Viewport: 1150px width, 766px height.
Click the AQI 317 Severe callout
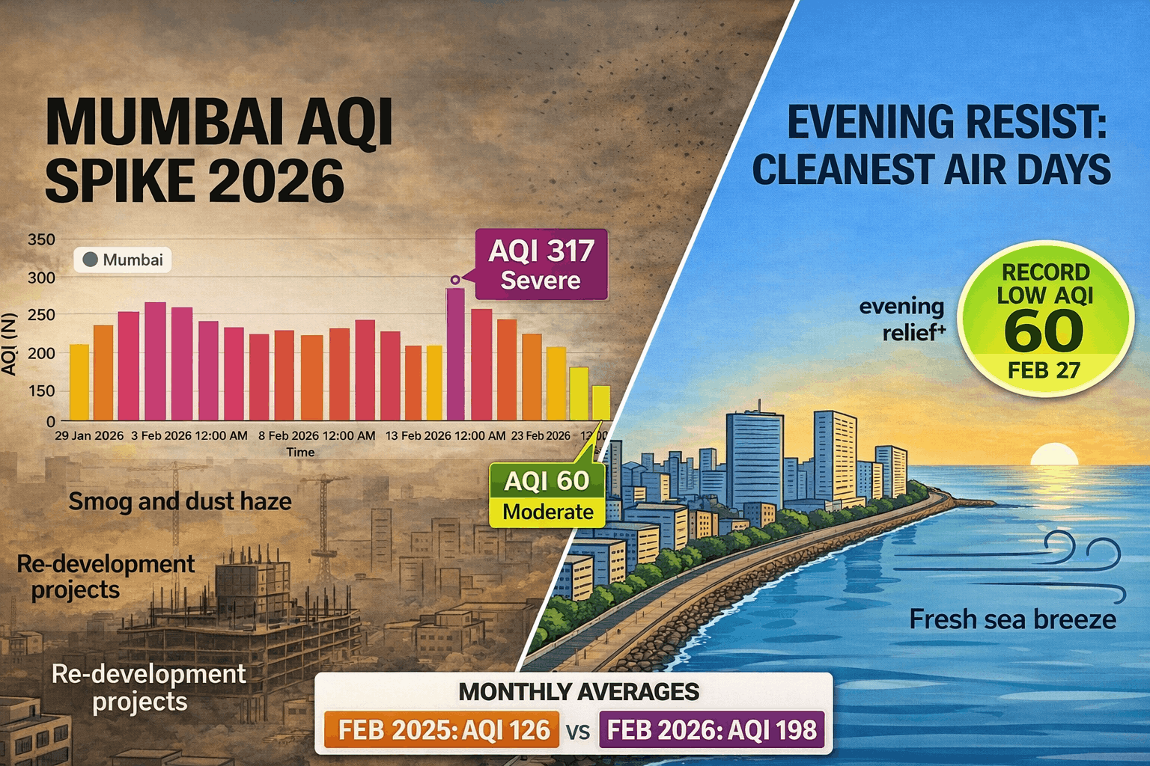click(541, 264)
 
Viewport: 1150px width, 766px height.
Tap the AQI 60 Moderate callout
click(547, 494)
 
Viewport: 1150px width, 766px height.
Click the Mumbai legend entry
click(123, 260)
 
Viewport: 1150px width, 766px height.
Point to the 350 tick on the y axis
click(41, 239)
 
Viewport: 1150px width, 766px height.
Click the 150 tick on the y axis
click(41, 390)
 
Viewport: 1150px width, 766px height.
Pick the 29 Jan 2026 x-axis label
click(89, 435)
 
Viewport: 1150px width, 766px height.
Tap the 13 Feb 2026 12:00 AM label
click(445, 435)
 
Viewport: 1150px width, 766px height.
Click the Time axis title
click(300, 452)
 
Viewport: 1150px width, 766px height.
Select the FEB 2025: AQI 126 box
click(442, 729)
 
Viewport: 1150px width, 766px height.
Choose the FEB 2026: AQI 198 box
click(711, 729)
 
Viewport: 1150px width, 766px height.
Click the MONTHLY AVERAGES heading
click(579, 692)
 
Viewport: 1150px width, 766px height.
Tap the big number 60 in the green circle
click(1044, 331)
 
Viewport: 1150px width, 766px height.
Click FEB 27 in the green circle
click(1044, 370)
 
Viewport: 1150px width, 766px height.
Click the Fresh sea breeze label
click(1012, 619)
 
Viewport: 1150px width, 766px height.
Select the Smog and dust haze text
click(180, 501)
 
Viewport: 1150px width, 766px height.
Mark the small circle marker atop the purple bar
click(454, 280)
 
